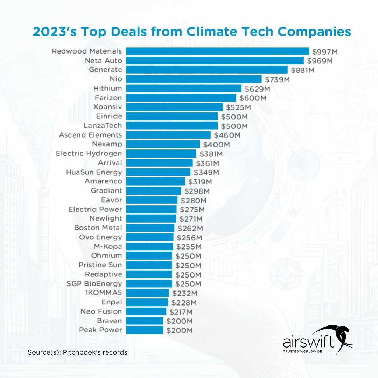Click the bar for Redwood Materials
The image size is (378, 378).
(217, 51)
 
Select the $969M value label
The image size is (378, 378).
(320, 61)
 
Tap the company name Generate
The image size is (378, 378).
(105, 70)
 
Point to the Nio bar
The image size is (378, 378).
(194, 79)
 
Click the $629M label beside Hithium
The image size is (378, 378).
(257, 89)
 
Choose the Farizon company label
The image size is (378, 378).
(108, 98)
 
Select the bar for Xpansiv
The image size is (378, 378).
(174, 107)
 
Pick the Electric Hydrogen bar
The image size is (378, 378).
(161, 154)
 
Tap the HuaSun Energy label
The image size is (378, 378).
(94, 172)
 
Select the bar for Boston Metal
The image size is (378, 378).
(150, 228)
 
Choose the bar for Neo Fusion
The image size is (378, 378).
(146, 311)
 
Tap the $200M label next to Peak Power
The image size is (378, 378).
(180, 330)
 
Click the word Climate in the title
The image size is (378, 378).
(215, 32)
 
